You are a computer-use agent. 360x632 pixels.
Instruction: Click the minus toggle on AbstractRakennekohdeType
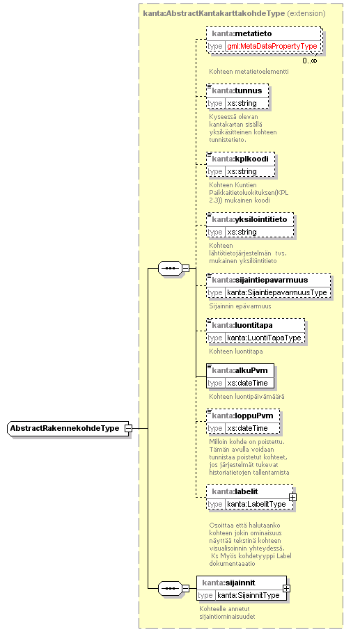coord(128,429)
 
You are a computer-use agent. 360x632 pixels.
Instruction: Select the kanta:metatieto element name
coord(242,33)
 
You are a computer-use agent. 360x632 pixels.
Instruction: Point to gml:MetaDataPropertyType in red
coord(272,47)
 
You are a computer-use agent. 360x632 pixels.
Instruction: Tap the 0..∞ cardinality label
coord(310,61)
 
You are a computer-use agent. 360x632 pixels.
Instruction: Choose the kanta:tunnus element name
coord(237,90)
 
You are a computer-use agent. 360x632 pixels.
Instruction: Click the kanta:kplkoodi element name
coord(240,159)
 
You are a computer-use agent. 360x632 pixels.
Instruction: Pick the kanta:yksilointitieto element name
coord(249,220)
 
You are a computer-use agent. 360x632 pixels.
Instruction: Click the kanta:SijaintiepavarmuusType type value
coord(277,292)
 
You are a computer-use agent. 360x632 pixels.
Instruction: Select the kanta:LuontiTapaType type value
coord(264,338)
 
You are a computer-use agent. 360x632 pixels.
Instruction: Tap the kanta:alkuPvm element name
coord(240,370)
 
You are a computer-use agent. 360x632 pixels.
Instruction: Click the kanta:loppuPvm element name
coord(243,416)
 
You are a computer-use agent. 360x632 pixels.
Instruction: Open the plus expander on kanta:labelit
coord(292,498)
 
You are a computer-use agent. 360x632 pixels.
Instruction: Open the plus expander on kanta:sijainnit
coord(286,588)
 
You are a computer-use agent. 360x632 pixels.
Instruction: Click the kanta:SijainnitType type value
coord(249,595)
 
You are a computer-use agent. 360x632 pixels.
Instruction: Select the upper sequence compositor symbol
coord(170,268)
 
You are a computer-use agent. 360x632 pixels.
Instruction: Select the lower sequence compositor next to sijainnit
coord(170,588)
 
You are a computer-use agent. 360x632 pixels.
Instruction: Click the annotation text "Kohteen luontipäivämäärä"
coord(246,397)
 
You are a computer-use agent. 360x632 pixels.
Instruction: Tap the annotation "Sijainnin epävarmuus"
coord(240,306)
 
